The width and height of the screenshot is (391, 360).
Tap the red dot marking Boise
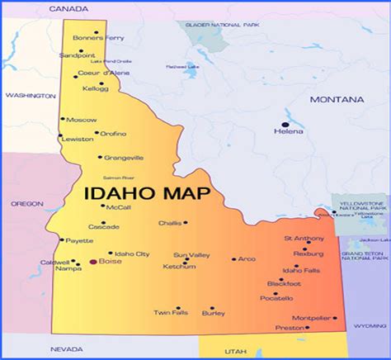point(92,263)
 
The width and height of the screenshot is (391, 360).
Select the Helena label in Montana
point(289,131)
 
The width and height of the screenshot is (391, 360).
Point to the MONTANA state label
point(337,99)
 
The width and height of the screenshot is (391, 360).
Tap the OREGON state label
point(26,203)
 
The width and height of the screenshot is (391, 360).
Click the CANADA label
point(68,8)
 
